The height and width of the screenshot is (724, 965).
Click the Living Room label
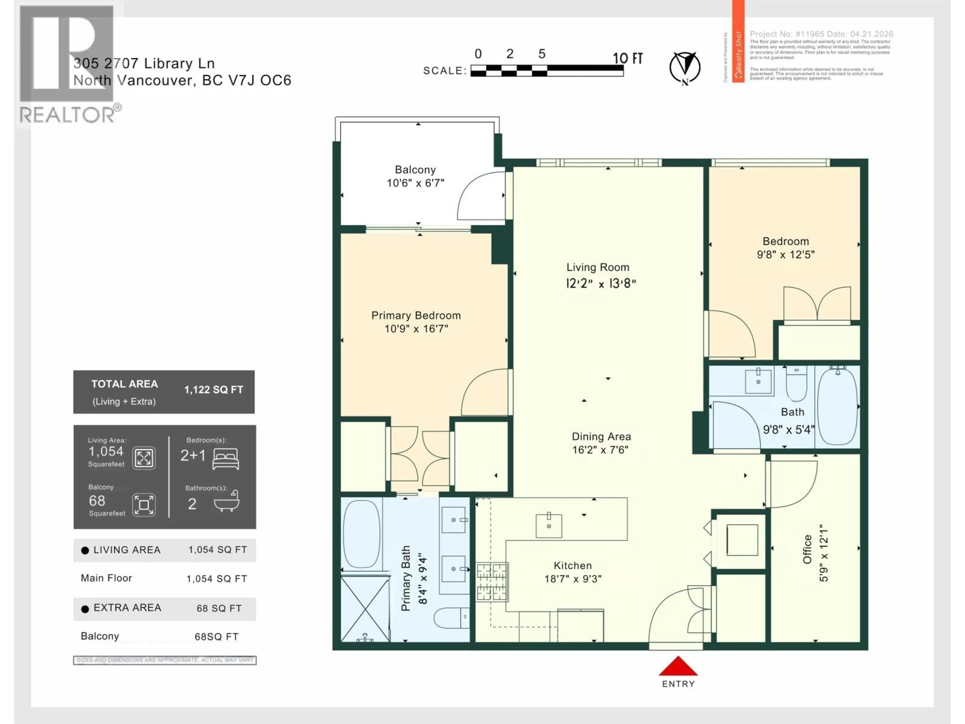598,267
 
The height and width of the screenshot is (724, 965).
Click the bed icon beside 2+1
226,459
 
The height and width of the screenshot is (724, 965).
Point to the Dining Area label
601,436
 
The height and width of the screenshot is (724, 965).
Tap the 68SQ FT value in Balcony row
216,637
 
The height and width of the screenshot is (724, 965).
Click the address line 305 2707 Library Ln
144,64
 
